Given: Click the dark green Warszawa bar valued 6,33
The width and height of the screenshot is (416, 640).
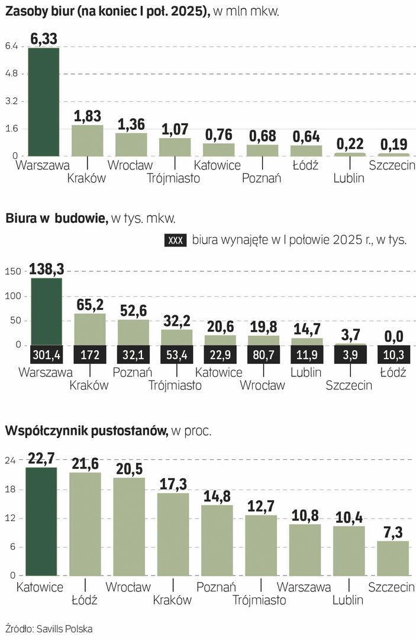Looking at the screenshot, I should click(x=44, y=101).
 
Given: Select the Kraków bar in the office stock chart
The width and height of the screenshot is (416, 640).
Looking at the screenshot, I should click(x=87, y=140).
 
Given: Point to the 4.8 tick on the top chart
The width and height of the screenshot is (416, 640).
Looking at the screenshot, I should click(x=11, y=73).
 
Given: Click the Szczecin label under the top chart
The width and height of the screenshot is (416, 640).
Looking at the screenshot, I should click(x=391, y=165).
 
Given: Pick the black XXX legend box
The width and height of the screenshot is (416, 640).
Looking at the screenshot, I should click(x=175, y=240).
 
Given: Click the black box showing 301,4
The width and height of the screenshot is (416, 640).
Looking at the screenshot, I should click(x=46, y=354).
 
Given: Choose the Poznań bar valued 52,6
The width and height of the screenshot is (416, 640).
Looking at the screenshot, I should click(x=133, y=332).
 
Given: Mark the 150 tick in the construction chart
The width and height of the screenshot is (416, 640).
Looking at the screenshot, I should click(x=13, y=271).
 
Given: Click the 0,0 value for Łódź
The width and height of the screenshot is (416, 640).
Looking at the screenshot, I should click(x=394, y=337).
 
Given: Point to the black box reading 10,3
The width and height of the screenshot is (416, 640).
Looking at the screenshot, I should click(x=394, y=354).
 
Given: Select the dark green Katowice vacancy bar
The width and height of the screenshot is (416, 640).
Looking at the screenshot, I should click(x=41, y=521).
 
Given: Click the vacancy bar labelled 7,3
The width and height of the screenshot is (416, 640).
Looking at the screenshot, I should click(x=393, y=558).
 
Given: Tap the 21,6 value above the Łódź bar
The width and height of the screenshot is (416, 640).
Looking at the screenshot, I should click(x=85, y=464).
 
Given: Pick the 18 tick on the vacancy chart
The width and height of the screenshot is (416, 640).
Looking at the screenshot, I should click(x=11, y=489).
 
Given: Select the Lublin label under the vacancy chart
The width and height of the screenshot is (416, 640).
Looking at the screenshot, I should click(x=348, y=600).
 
